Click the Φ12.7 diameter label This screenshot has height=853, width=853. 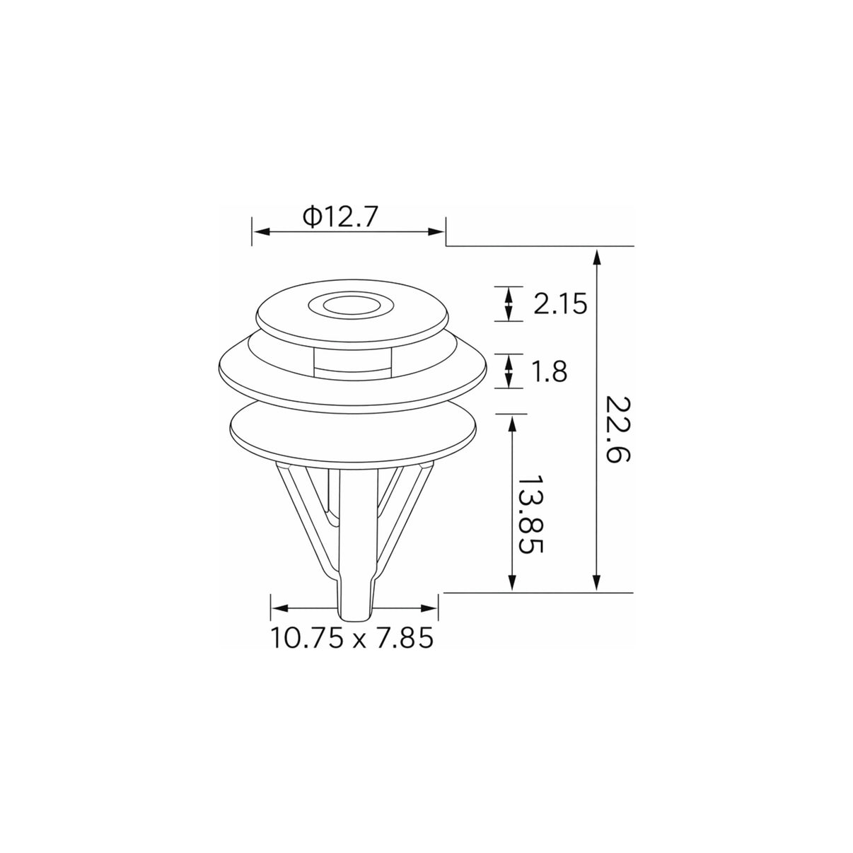pyautogui.click(x=340, y=217)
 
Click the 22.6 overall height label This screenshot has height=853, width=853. pyautogui.click(x=617, y=429)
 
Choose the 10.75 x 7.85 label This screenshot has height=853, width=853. pyautogui.click(x=352, y=639)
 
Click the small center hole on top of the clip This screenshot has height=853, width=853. pyautogui.click(x=352, y=306)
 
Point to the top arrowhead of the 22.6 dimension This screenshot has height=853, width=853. pyautogui.click(x=597, y=257)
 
